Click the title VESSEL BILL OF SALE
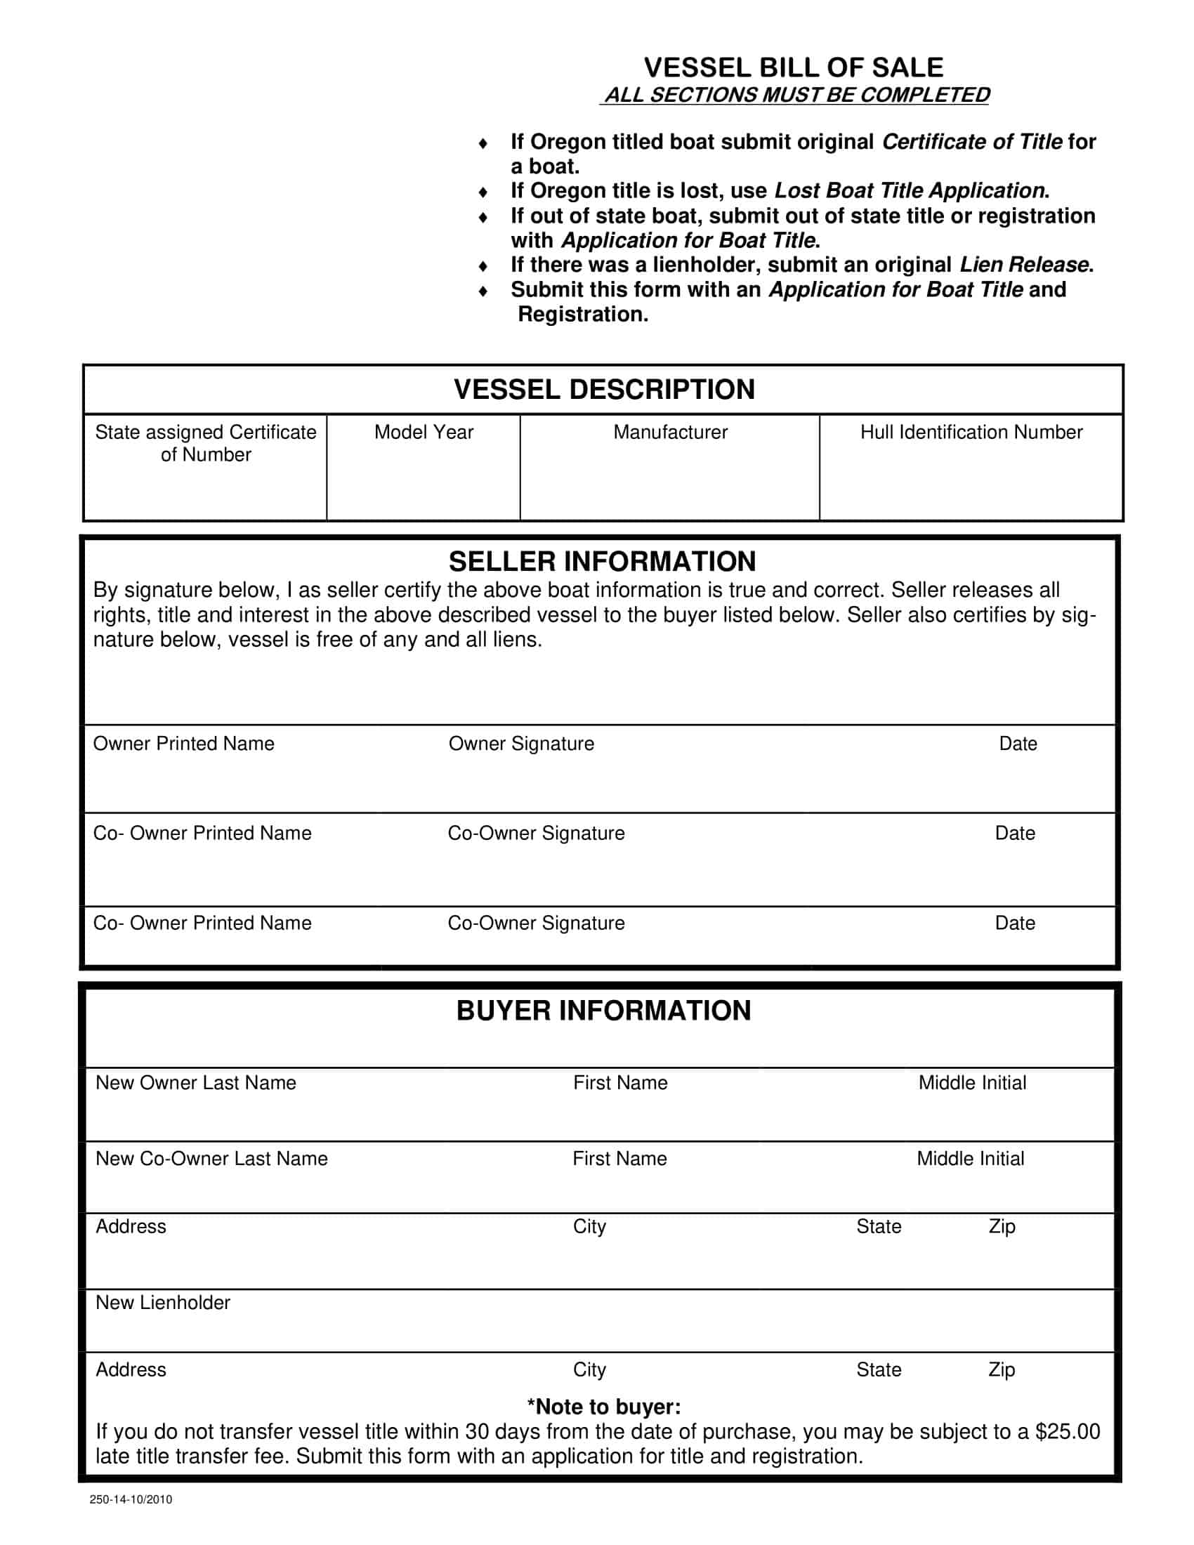[793, 67]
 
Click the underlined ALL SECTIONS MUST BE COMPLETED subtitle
[796, 95]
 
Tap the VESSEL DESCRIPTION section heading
[604, 389]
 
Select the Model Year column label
[424, 432]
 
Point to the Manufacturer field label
[670, 432]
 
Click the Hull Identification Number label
[971, 432]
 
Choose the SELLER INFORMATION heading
[602, 561]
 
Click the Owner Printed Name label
[183, 744]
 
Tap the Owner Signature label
[521, 744]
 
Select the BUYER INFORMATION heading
[603, 1010]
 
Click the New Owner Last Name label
[195, 1082]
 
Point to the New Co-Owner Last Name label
[211, 1158]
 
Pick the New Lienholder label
[163, 1302]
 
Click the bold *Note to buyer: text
[603, 1407]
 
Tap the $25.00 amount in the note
[1068, 1431]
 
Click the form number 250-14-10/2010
[131, 1499]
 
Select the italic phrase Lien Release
[1023, 265]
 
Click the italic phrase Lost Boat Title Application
[909, 190]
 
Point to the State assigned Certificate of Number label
[206, 443]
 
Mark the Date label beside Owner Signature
[1018, 744]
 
